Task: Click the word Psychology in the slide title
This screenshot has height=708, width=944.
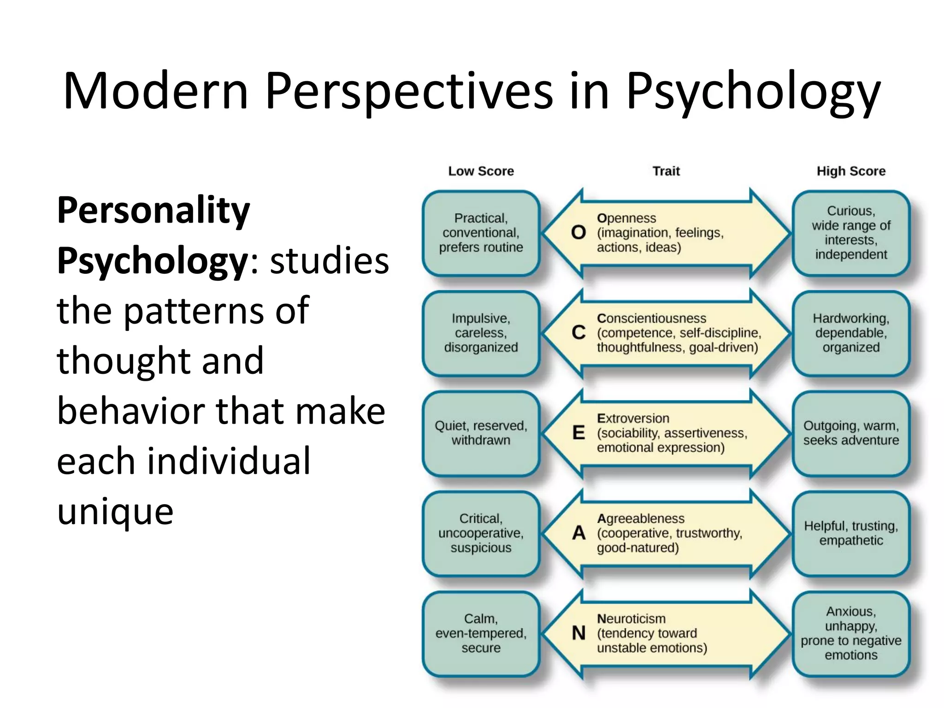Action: [753, 91]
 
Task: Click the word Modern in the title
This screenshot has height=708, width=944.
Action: [156, 91]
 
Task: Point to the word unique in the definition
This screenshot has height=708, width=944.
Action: [115, 512]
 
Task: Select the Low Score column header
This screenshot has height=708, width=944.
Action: [481, 171]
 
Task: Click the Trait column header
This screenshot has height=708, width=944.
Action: [666, 171]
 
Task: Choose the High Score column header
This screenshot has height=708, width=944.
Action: [851, 171]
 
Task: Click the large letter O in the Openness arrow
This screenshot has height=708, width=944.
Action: [578, 232]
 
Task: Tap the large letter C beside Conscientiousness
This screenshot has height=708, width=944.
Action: [578, 332]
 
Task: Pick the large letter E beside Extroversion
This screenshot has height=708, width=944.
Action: [578, 432]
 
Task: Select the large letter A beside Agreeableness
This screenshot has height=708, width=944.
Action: [578, 533]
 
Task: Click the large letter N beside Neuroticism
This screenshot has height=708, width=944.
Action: [578, 633]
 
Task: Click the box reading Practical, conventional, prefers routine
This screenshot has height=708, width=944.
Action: [481, 233]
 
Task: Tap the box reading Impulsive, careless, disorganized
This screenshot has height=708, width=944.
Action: [481, 333]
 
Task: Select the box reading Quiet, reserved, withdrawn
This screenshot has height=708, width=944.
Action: [481, 433]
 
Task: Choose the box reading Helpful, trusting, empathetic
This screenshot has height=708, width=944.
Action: [851, 533]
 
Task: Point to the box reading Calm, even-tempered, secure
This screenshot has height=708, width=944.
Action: [481, 633]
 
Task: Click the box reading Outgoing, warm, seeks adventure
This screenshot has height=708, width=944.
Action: [851, 433]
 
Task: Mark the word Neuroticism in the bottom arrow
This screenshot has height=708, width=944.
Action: [631, 619]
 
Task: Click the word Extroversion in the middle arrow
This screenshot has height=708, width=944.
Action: [633, 418]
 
